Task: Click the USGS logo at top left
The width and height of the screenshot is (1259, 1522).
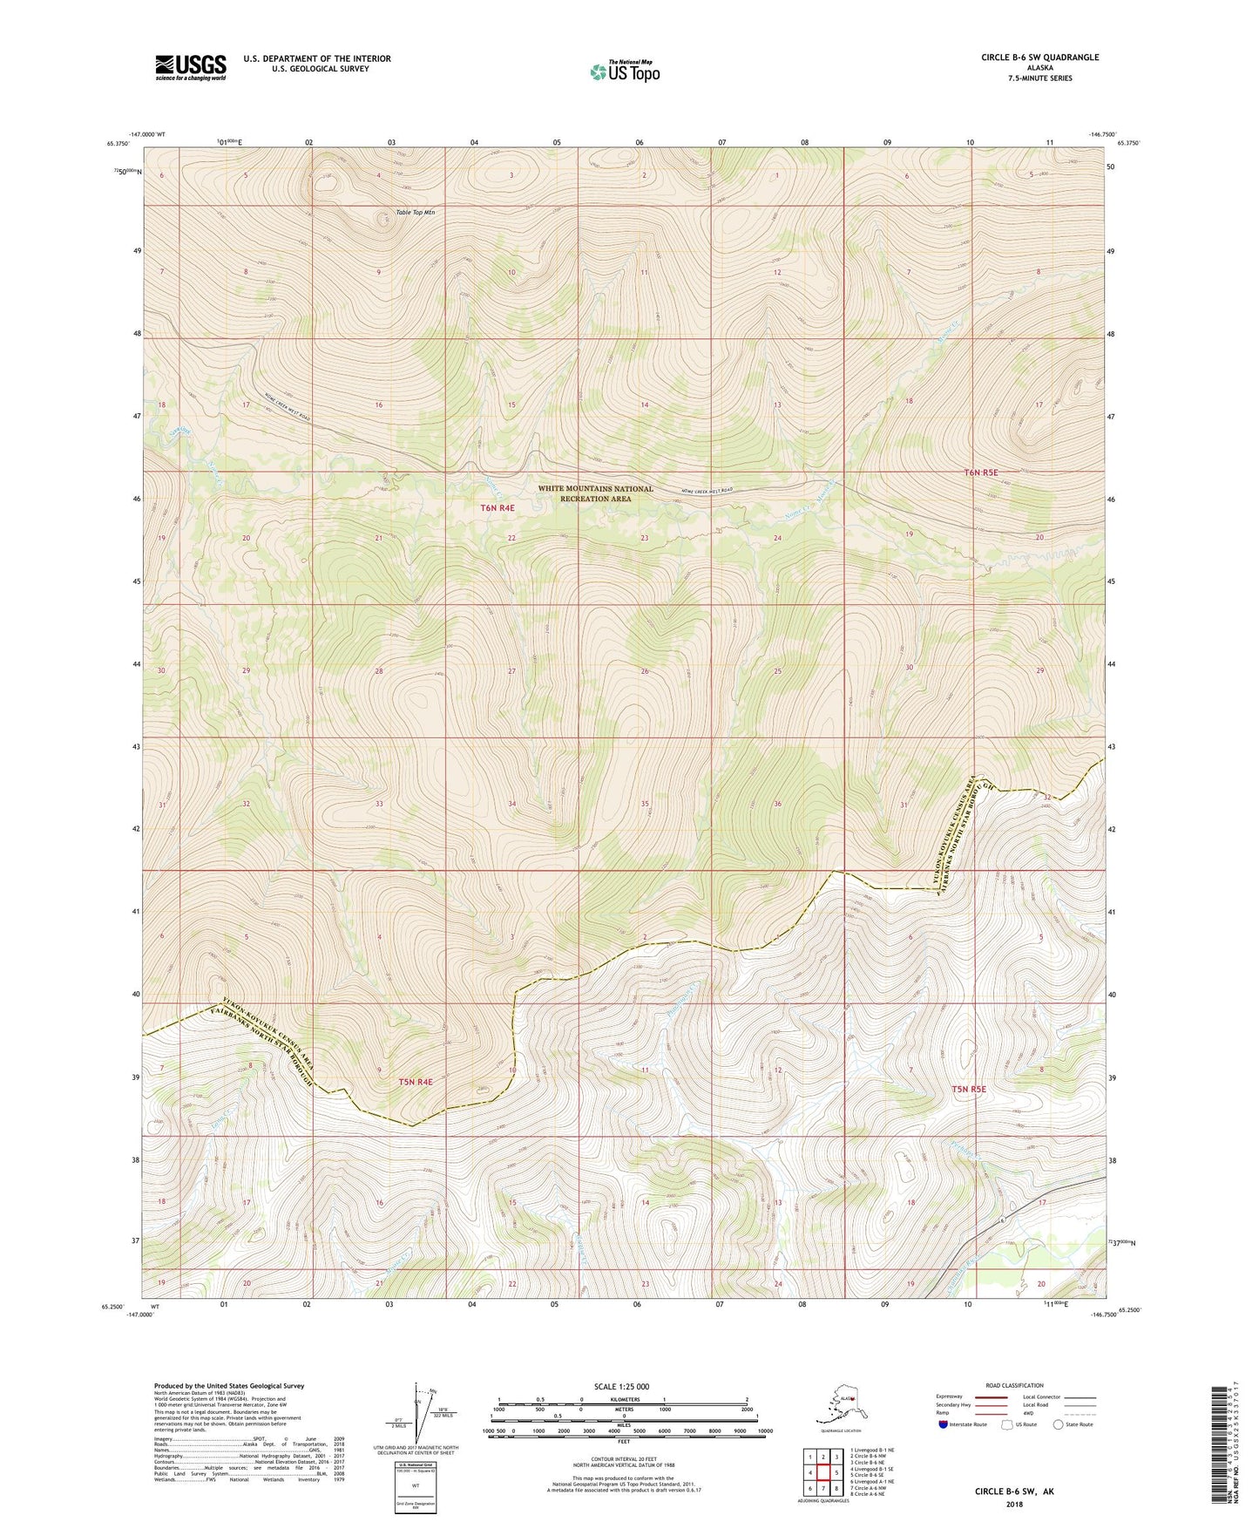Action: tap(190, 67)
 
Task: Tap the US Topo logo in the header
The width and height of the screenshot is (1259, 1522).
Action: tap(624, 71)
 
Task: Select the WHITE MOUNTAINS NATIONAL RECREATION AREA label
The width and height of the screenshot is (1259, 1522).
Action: tap(595, 493)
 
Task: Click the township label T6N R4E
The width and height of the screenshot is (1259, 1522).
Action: tap(498, 507)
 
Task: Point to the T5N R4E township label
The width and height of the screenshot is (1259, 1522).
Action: tap(416, 1082)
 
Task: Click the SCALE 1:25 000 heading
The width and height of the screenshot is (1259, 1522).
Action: tap(622, 1386)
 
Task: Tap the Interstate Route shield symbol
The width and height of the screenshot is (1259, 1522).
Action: tap(944, 1424)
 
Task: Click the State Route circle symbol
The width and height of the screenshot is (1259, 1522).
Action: tap(1059, 1424)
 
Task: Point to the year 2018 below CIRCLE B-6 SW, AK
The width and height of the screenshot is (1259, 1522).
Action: tap(1014, 1504)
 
